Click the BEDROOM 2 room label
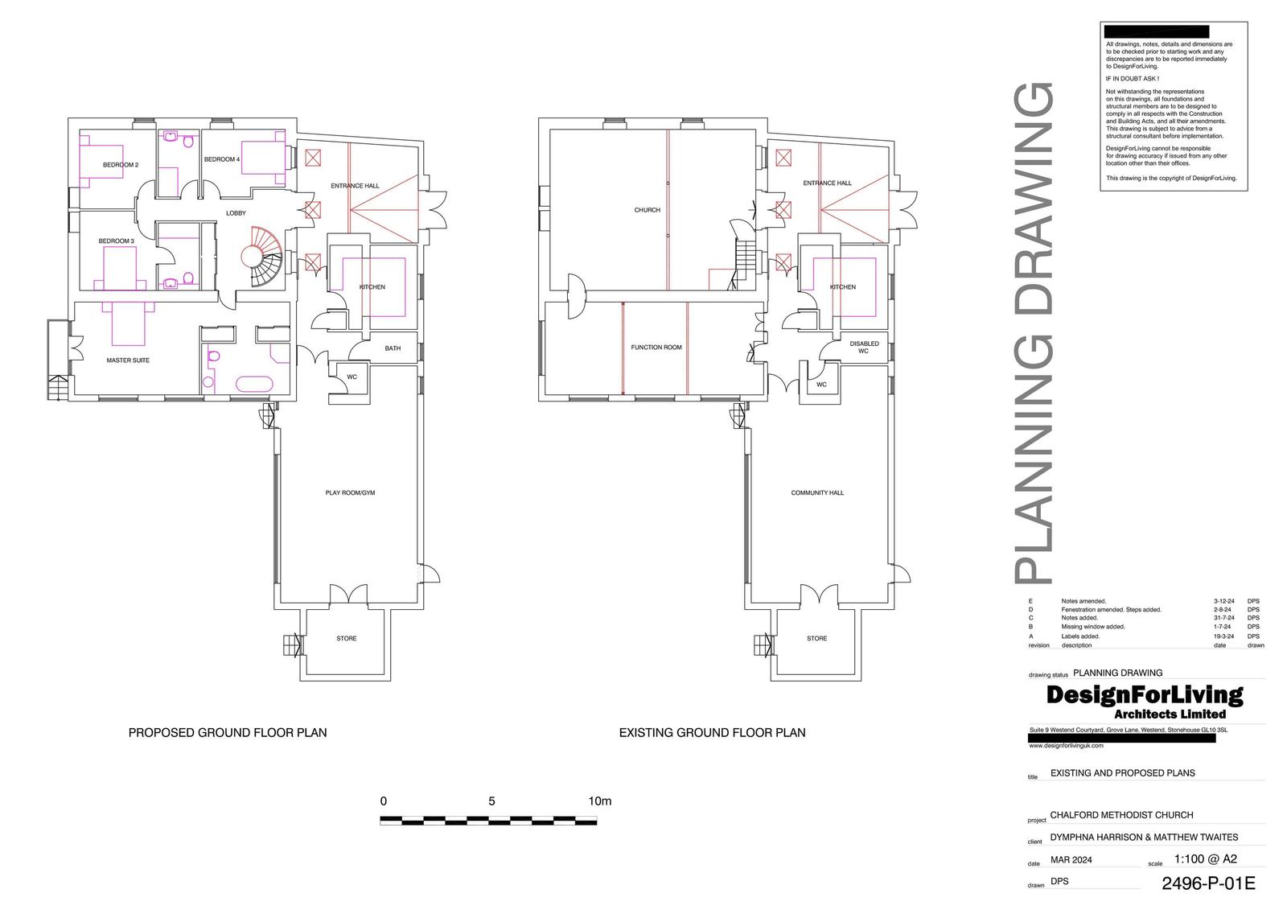coord(121,165)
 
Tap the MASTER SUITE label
coord(128,360)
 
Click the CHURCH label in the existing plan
coord(647,210)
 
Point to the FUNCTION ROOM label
coord(656,348)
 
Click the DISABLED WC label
coord(864,348)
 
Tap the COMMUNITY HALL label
coord(817,492)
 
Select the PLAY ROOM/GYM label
coord(350,492)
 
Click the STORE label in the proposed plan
coord(347,639)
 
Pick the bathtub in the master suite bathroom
coord(253,383)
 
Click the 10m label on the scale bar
coord(600,801)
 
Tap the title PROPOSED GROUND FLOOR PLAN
coord(228,733)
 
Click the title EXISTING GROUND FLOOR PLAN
coord(712,733)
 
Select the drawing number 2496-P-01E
coord(1208,883)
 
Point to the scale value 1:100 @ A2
coord(1205,859)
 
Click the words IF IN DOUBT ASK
coord(1132,79)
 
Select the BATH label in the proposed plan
coord(393,348)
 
